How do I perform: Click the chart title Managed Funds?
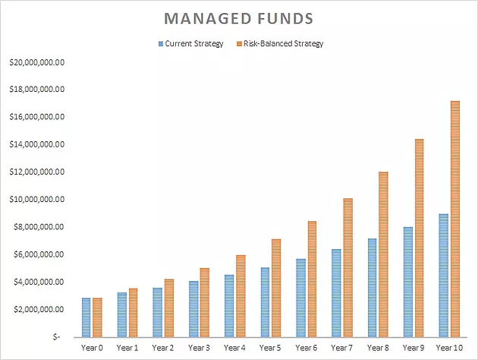click(x=239, y=18)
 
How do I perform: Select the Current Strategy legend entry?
click(x=191, y=43)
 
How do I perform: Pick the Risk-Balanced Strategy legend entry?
click(x=280, y=43)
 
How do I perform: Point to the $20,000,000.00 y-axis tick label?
click(x=37, y=62)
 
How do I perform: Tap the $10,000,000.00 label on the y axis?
click(x=37, y=200)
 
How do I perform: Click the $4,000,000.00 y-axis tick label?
click(x=39, y=282)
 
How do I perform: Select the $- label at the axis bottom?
click(x=56, y=336)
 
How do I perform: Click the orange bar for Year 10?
click(x=455, y=219)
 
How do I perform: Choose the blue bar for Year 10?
click(x=444, y=276)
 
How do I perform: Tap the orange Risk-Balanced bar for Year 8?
click(x=383, y=254)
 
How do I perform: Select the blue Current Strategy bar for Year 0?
click(x=86, y=317)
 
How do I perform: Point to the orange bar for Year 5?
click(x=276, y=288)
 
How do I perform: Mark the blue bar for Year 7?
click(x=337, y=293)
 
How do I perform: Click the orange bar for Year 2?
click(x=169, y=308)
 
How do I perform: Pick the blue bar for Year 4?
click(x=229, y=306)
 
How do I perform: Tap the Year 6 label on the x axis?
click(x=306, y=348)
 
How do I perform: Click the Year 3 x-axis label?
click(x=199, y=348)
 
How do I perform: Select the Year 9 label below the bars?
click(x=414, y=348)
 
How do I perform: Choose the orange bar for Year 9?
click(x=419, y=238)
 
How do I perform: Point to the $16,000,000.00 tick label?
click(x=37, y=117)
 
